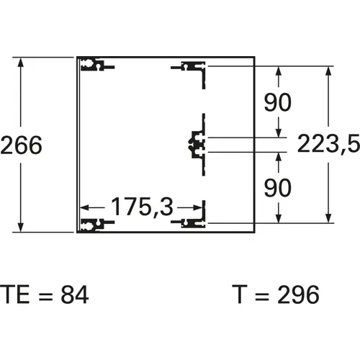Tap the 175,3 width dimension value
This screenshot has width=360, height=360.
click(x=143, y=207)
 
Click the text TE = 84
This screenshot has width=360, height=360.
click(x=45, y=294)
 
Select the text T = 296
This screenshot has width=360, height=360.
click(x=276, y=294)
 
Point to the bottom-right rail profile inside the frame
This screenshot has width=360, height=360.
click(x=193, y=222)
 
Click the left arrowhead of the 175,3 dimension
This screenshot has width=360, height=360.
click(x=84, y=207)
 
